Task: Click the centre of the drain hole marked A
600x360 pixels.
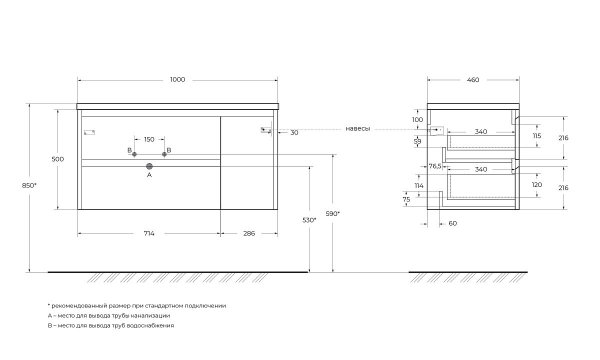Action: coord(149,166)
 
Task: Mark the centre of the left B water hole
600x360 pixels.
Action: coord(134,154)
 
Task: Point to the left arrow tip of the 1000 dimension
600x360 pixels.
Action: coord(78,80)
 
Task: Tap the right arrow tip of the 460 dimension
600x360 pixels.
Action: coord(519,80)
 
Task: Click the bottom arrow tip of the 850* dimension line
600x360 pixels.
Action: coord(29,272)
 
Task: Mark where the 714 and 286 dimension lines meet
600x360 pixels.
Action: coord(220,233)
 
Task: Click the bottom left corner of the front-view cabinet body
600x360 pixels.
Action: coord(77,209)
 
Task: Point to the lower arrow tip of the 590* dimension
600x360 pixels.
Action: coord(333,272)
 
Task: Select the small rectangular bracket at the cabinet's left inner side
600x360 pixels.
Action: coord(89,132)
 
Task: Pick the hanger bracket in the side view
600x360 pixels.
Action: coord(437,130)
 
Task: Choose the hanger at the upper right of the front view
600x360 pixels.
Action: coord(266,130)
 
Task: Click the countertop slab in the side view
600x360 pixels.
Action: coord(473,106)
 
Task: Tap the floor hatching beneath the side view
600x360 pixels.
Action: coord(468,277)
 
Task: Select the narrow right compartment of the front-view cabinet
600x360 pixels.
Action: coord(247,163)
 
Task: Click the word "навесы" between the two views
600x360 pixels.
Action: coord(357,128)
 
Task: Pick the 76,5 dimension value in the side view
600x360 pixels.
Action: coord(435,166)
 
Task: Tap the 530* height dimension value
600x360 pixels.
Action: coord(309,220)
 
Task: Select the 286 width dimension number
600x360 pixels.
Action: coord(249,233)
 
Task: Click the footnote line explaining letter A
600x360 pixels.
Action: coord(109,315)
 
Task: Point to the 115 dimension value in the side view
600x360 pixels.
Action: coord(537,136)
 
